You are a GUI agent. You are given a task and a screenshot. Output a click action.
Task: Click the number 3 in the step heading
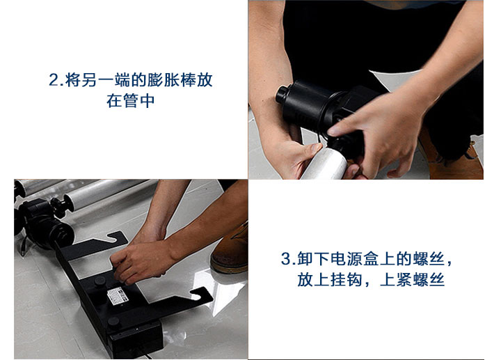pyautogui.click(x=286, y=260)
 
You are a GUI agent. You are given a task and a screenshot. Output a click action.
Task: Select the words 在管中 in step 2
pyautogui.click(x=130, y=101)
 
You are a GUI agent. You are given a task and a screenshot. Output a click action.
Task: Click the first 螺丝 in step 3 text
pyautogui.click(x=428, y=260)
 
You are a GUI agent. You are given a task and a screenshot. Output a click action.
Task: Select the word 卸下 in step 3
pyautogui.click(x=314, y=260)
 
